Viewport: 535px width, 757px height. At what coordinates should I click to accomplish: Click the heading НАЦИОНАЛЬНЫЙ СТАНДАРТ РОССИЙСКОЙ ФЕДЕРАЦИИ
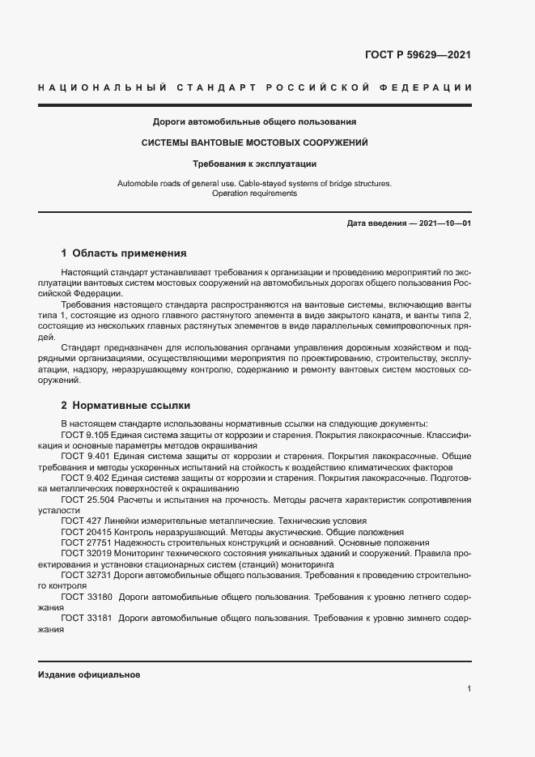255,87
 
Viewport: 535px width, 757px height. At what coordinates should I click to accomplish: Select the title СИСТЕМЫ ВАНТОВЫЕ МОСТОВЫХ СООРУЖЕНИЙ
255,142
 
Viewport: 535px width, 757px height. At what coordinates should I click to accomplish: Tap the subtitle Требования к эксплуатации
255,164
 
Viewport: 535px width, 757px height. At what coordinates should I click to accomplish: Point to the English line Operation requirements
255,194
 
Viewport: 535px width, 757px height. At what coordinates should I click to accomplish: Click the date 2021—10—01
444,223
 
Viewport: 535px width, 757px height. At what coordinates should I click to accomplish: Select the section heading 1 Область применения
124,253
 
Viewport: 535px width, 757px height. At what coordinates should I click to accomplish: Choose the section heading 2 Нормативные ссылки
125,405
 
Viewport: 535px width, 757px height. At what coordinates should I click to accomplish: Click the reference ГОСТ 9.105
84,436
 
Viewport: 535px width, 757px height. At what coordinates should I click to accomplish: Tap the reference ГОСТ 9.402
84,479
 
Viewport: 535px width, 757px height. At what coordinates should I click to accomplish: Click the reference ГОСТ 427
79,521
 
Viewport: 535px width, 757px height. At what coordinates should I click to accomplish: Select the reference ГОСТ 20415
84,532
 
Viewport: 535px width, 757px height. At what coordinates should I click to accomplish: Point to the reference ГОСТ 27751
84,542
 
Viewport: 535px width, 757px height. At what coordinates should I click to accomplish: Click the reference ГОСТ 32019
84,554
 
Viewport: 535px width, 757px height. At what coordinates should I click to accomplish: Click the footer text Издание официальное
89,674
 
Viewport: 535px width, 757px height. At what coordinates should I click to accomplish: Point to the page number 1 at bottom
469,689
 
